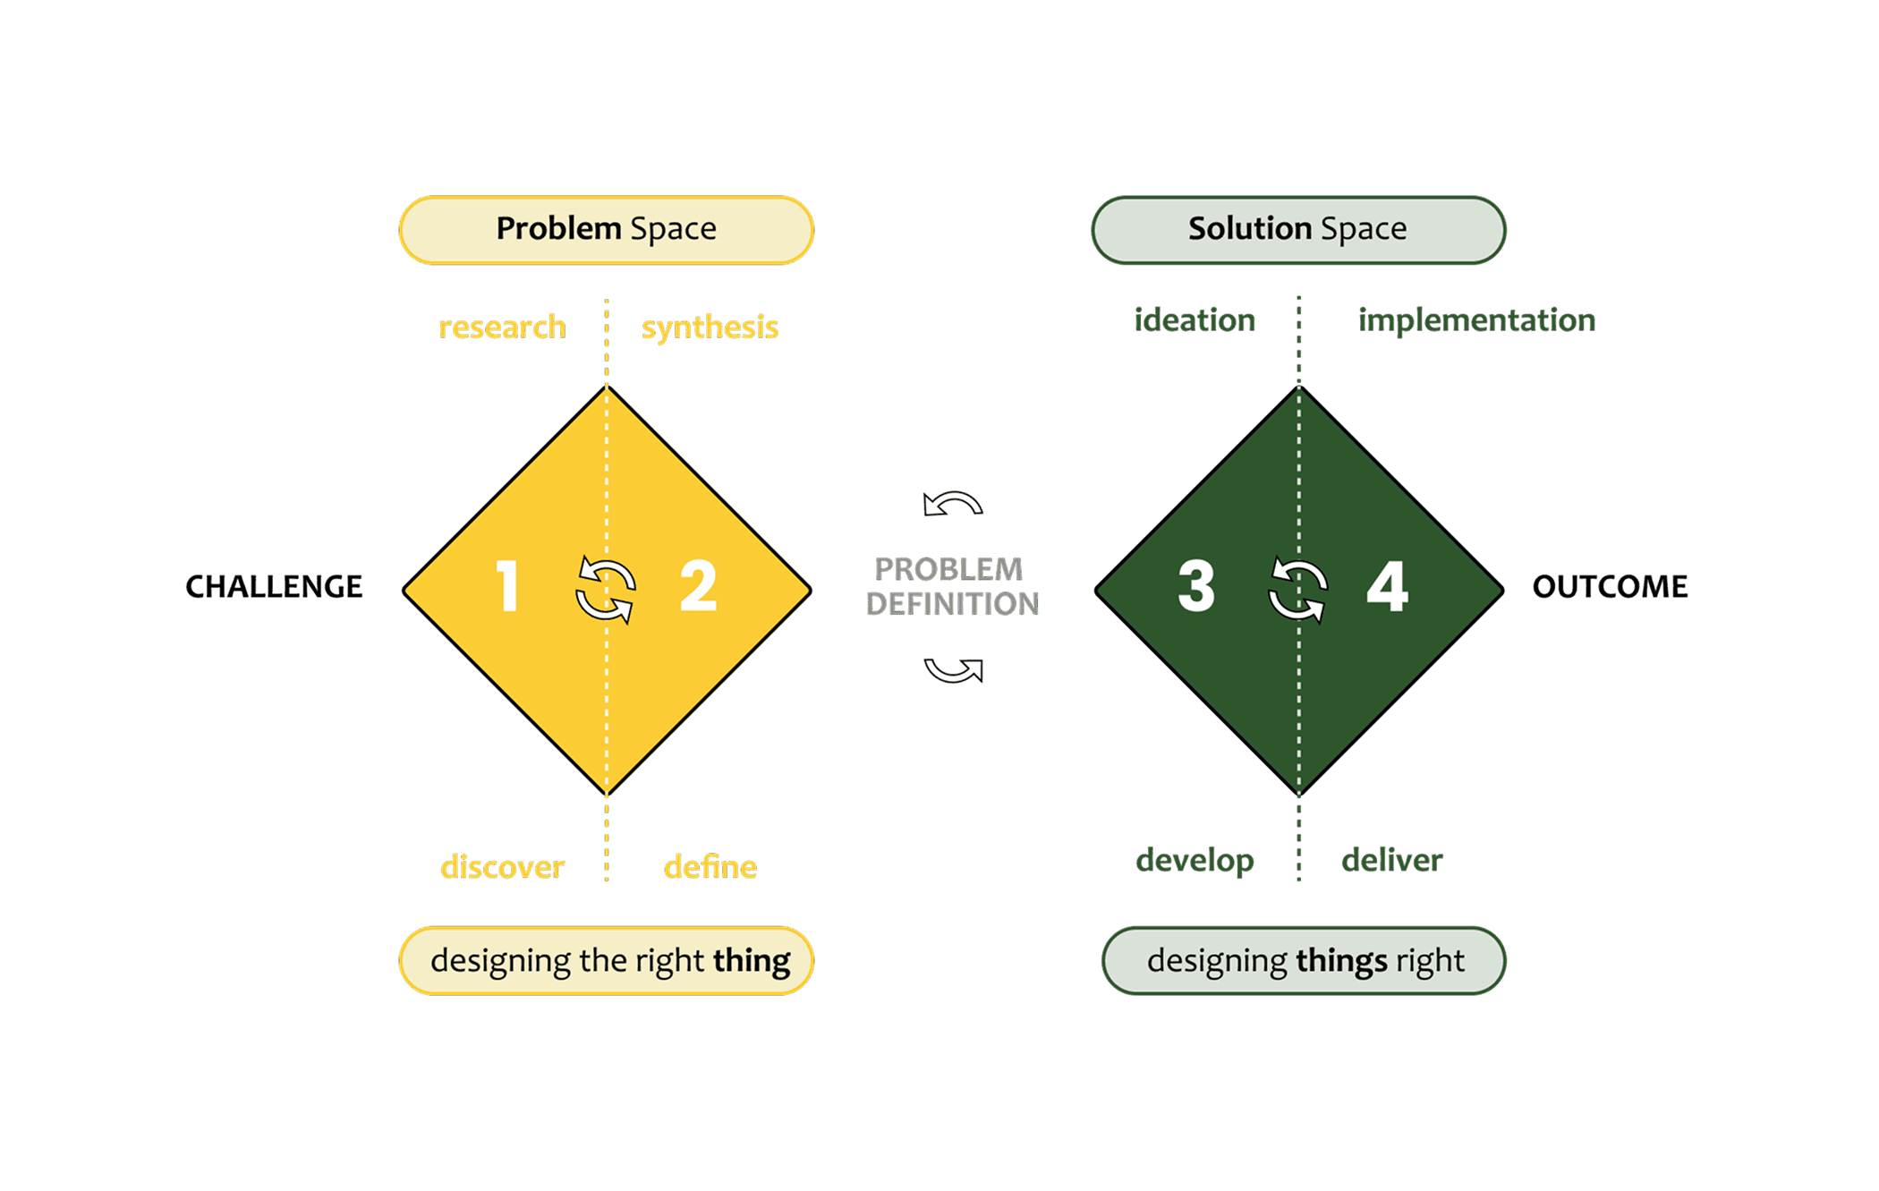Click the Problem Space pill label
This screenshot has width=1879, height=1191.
click(606, 229)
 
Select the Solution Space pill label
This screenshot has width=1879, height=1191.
click(1297, 229)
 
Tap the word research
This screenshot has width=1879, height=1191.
click(502, 327)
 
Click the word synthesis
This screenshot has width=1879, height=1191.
click(710, 327)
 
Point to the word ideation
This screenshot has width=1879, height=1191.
click(1195, 319)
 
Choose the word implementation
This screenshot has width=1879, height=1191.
click(1476, 319)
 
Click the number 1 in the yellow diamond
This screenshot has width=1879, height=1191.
click(507, 586)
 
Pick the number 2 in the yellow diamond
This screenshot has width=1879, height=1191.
click(698, 586)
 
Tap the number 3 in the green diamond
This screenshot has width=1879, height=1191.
click(1196, 586)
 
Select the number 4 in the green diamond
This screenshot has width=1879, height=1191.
click(1387, 586)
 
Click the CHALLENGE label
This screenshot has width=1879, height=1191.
click(274, 586)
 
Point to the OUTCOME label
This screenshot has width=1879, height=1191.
click(1610, 586)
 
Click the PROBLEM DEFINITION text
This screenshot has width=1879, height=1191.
click(951, 586)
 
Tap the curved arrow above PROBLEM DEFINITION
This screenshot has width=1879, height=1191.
click(953, 505)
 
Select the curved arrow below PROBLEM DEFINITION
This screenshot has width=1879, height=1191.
click(953, 669)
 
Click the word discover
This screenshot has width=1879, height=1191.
click(502, 866)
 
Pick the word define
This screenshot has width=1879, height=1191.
click(710, 866)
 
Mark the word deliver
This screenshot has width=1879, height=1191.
click(1391, 860)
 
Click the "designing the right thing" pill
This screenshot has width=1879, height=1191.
click(606, 960)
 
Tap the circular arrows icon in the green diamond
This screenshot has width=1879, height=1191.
click(1298, 589)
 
